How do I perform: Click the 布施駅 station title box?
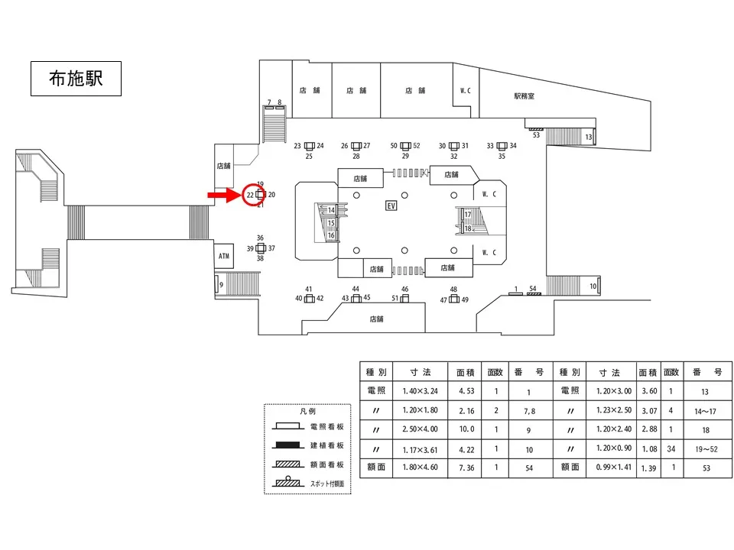(x=76, y=79)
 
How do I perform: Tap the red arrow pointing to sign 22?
(x=224, y=195)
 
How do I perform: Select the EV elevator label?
(x=391, y=205)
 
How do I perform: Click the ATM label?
(x=224, y=256)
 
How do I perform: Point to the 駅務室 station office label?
(x=524, y=96)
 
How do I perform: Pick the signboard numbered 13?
(x=594, y=137)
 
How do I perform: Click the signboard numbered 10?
(x=599, y=286)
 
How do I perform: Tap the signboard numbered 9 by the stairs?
(x=216, y=284)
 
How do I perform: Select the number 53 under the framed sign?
(x=536, y=135)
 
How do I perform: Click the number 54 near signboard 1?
(x=533, y=289)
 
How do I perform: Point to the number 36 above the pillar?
(x=260, y=238)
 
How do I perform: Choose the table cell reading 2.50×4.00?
(x=420, y=429)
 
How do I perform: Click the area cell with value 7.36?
(x=466, y=467)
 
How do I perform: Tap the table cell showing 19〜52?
(x=706, y=449)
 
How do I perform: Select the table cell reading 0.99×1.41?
(x=613, y=467)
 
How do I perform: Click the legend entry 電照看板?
(x=326, y=426)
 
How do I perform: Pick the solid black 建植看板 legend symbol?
(x=287, y=445)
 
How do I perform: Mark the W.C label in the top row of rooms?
(x=466, y=91)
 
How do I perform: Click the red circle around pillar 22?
(x=254, y=195)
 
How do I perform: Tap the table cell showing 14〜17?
(x=706, y=411)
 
